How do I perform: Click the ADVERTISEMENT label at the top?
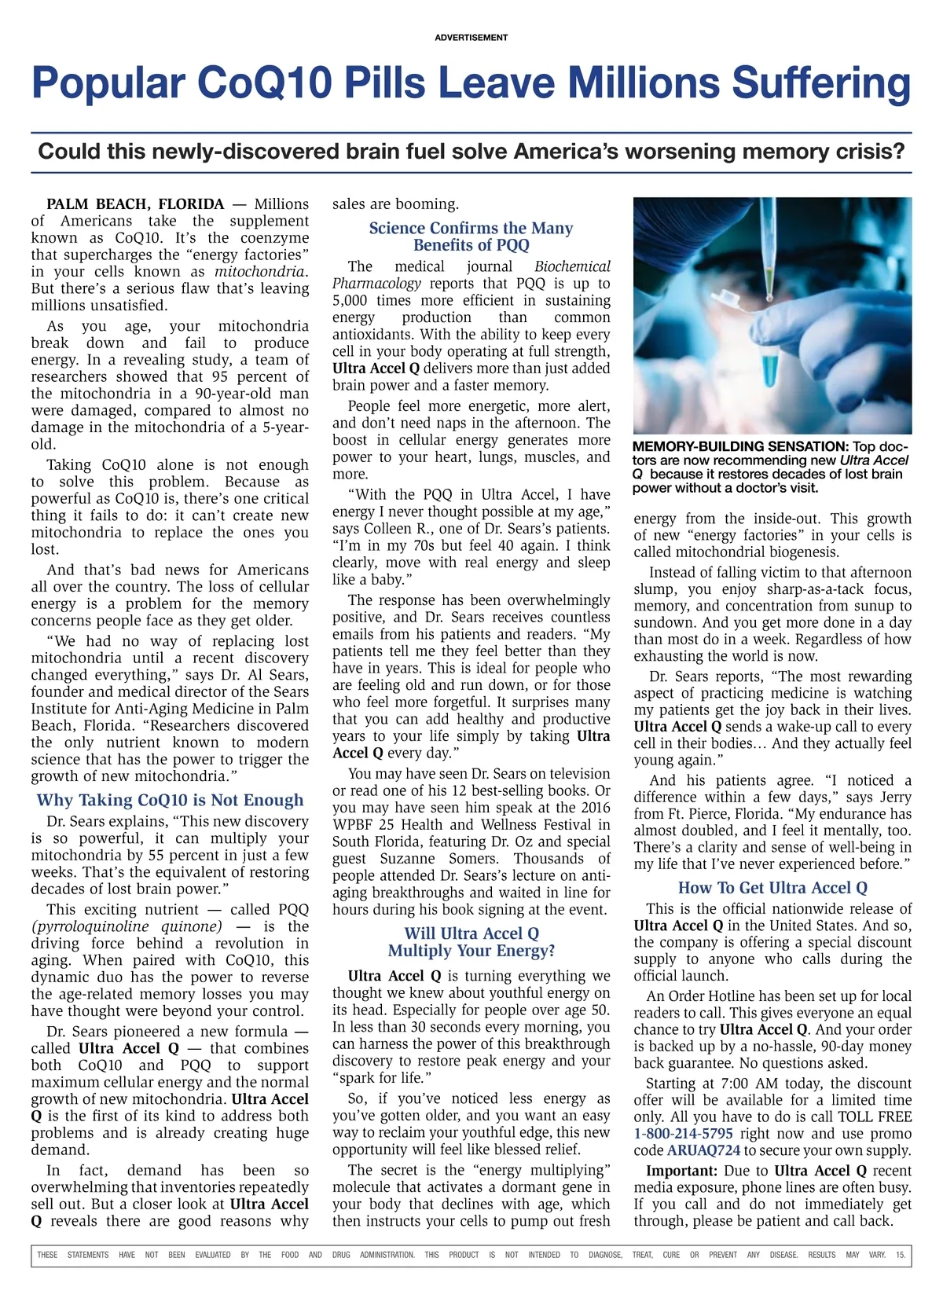471,37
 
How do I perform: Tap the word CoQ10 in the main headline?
265,82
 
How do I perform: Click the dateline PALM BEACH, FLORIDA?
135,204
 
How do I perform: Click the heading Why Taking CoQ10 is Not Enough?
170,800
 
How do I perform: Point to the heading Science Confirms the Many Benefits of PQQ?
471,236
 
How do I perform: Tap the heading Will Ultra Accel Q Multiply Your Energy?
471,942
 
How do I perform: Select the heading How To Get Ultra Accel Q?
772,888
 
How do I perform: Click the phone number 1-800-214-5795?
683,1134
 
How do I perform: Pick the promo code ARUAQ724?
703,1150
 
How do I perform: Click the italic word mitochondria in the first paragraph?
259,272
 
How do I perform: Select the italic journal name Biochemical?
572,266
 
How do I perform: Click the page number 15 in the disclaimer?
900,1255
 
